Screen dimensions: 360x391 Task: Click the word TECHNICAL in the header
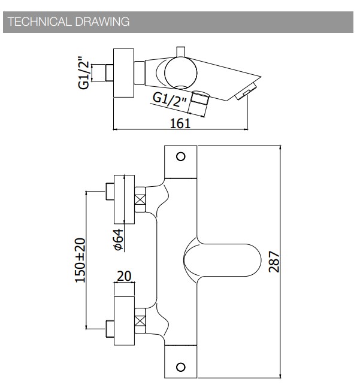tap(39, 22)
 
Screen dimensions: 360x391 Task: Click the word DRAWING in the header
tap(102, 22)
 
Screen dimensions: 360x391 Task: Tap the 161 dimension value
tap(180, 123)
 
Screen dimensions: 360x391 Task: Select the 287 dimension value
tap(274, 262)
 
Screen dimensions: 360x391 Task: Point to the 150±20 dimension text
tap(80, 260)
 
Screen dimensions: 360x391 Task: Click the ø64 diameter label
tap(118, 240)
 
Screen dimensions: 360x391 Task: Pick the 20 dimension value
tap(124, 276)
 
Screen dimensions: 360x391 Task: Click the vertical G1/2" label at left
tap(84, 72)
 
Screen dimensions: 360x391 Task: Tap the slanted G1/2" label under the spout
tap(170, 99)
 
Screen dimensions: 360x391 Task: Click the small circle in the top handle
tap(181, 157)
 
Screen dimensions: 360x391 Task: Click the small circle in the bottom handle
tap(181, 367)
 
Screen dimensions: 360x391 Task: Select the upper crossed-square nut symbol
tap(140, 200)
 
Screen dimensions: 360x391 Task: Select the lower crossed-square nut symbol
tap(140, 321)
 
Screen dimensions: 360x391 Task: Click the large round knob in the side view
tap(181, 73)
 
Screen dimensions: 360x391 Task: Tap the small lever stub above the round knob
tap(181, 51)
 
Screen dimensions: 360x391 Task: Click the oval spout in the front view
tap(222, 260)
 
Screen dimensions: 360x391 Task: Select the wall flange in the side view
tap(124, 73)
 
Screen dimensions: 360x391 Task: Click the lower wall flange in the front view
tap(124, 321)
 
